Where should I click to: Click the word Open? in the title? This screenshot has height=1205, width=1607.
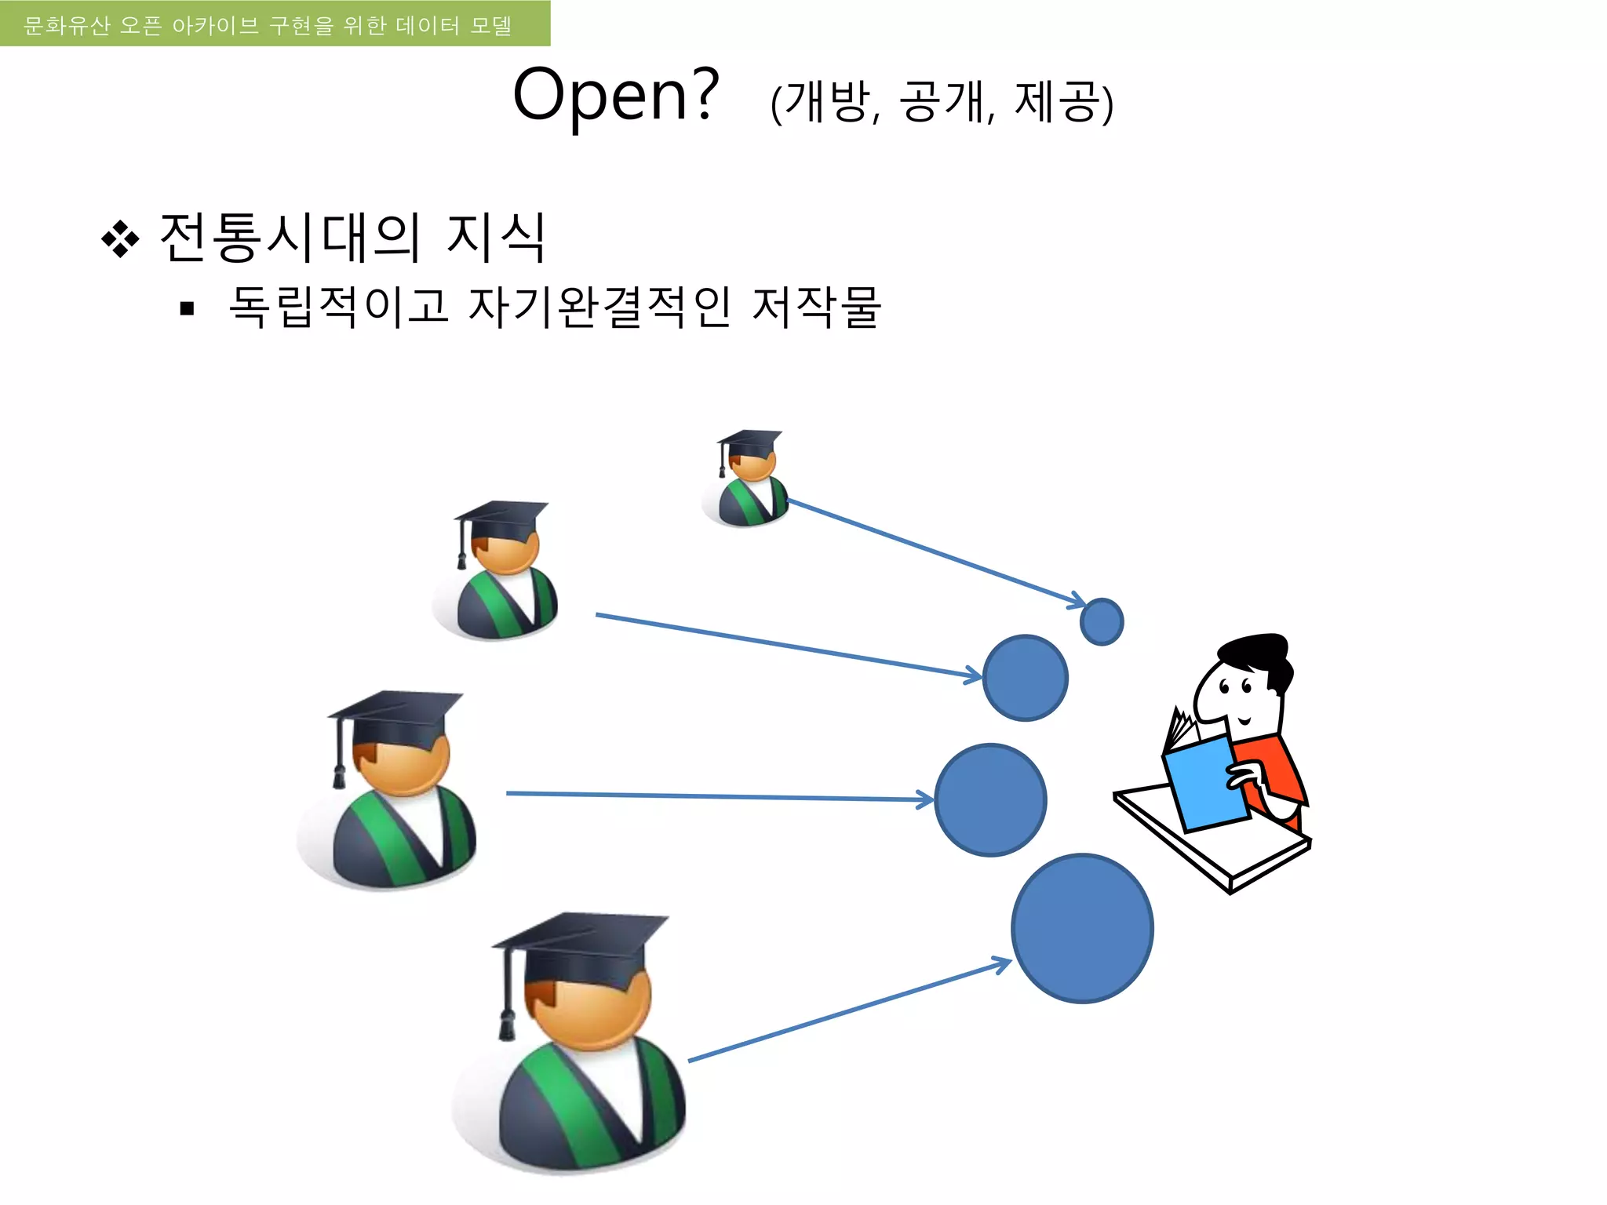[616, 95]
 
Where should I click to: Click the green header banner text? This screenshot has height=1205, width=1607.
[268, 25]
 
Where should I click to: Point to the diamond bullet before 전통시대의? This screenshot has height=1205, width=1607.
[120, 238]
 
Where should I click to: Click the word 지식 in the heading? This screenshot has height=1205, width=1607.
[495, 237]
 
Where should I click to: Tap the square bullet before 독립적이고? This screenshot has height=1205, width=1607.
[187, 308]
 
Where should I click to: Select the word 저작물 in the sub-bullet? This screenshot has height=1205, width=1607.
[816, 306]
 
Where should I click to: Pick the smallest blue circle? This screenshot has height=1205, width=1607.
[1102, 622]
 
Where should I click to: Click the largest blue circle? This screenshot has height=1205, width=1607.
[1083, 928]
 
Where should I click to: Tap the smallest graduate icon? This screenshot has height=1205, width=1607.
[746, 479]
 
